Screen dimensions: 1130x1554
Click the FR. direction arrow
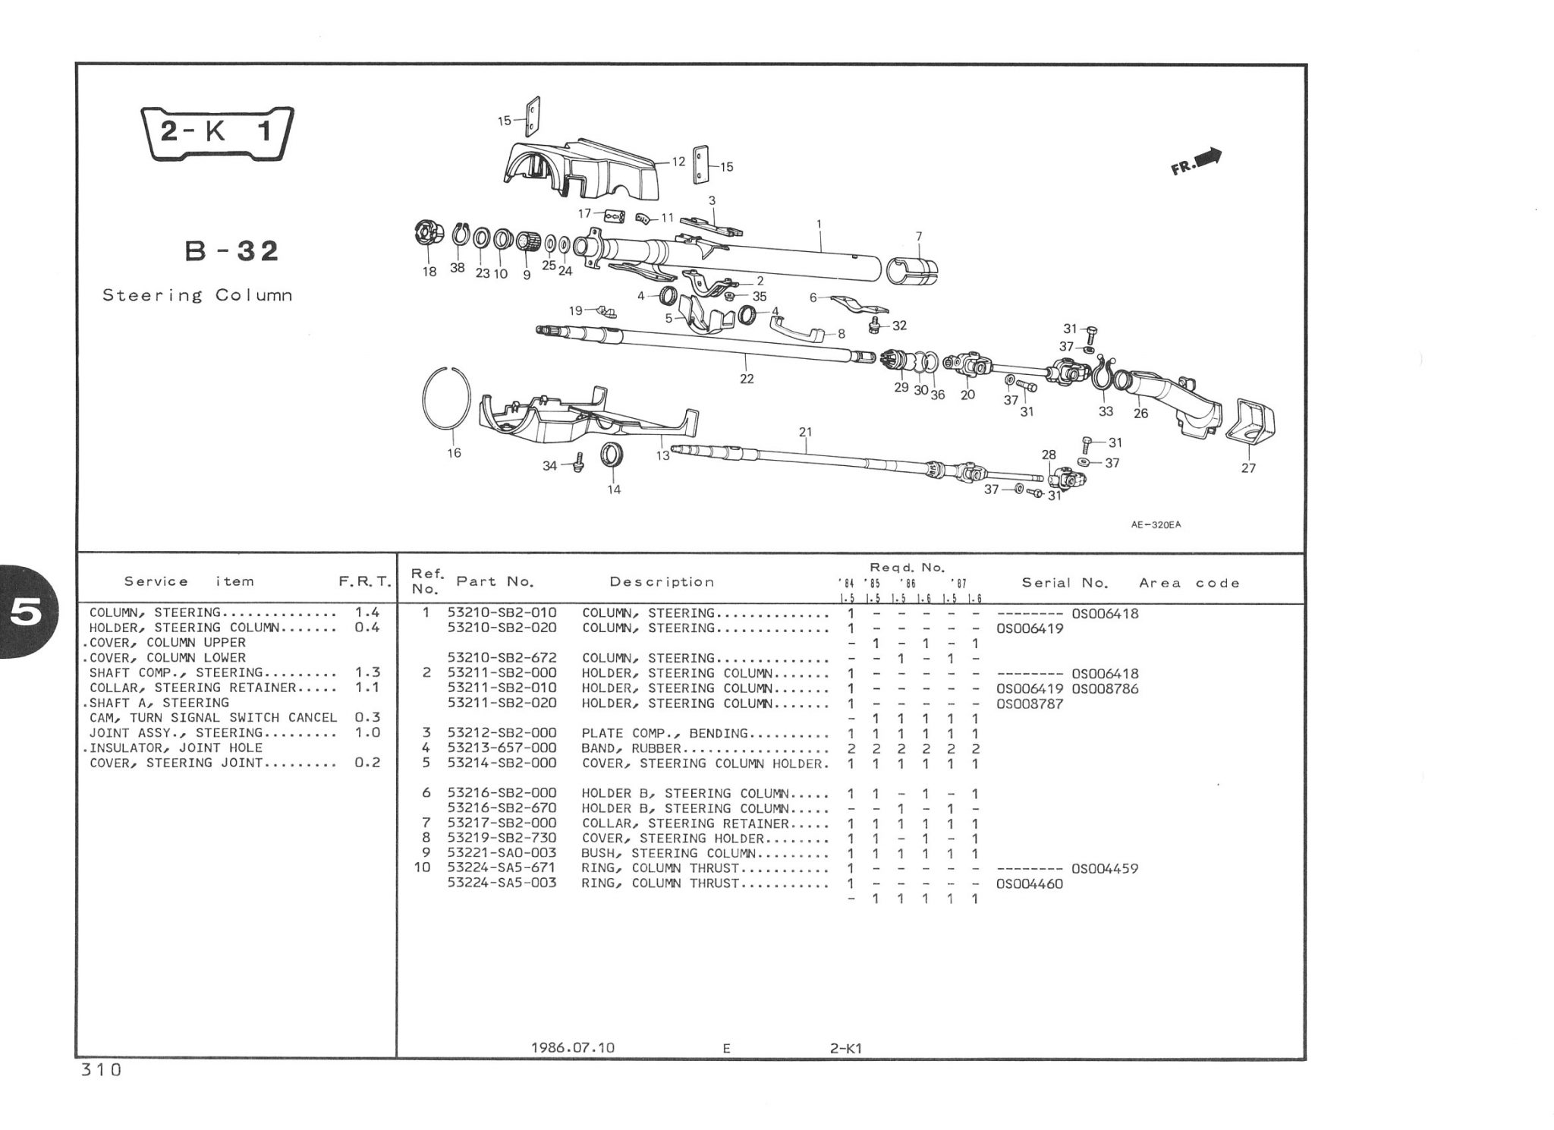point(1198,161)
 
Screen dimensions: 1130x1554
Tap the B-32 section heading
point(232,250)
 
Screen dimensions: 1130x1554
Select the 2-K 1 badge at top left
point(218,134)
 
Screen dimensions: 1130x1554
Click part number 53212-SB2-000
point(502,733)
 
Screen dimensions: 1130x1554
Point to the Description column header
point(662,582)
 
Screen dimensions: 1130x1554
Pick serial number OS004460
point(1029,883)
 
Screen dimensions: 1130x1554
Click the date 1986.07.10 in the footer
point(573,1048)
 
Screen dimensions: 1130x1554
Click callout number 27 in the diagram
point(1248,468)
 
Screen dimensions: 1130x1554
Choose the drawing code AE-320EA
point(1156,524)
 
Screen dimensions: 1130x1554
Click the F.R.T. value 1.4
point(367,612)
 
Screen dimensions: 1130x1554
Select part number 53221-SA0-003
point(502,853)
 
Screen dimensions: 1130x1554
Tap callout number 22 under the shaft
point(747,379)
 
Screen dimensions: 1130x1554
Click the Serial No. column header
point(1065,583)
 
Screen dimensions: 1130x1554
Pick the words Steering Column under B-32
point(197,295)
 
